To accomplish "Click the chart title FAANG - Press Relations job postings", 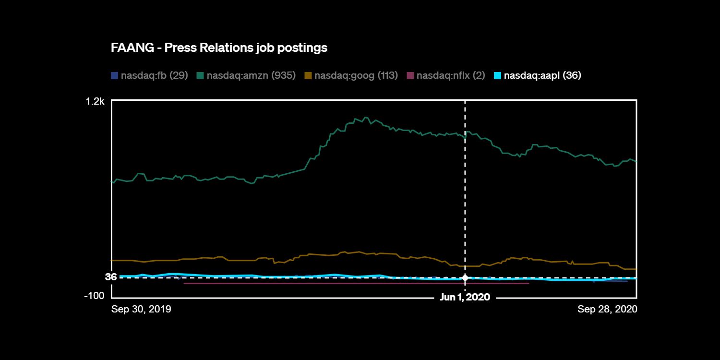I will (x=219, y=48).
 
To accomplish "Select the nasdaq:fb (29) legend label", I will (x=154, y=75).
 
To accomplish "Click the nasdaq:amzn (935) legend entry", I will (x=251, y=75).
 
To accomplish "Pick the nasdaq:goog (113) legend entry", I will (x=356, y=75).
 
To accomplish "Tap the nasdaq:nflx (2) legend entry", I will (x=451, y=75).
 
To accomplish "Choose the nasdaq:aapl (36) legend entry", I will (x=542, y=75).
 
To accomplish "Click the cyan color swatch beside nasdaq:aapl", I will (x=498, y=75).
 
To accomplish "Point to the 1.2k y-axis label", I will (x=95, y=101).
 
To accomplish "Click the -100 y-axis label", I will (x=94, y=296).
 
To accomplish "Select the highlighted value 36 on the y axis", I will (x=111, y=277).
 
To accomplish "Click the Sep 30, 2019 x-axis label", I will (x=141, y=309).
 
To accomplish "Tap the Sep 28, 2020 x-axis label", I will (x=607, y=309).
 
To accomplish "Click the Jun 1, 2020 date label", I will (x=465, y=298).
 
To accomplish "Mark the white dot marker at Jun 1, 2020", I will (x=465, y=278).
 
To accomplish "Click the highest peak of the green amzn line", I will (x=366, y=117).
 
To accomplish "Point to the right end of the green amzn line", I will (x=636, y=161).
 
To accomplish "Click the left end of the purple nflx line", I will (x=184, y=283).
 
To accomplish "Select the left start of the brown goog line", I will (x=112, y=260).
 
